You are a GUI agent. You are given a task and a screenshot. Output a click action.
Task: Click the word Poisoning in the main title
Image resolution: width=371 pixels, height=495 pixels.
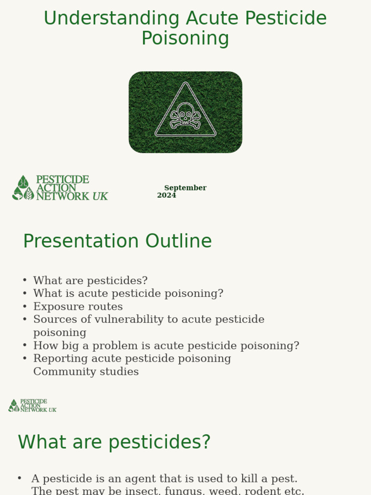(185, 39)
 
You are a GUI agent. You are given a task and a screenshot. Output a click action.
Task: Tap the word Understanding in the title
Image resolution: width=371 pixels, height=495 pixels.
(112, 18)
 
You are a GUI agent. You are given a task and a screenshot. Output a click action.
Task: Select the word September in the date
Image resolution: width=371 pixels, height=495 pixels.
(185, 188)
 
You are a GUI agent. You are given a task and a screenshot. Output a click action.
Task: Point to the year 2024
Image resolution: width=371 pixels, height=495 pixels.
(167, 195)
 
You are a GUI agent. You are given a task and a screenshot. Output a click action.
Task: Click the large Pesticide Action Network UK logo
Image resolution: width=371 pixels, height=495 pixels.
(60, 188)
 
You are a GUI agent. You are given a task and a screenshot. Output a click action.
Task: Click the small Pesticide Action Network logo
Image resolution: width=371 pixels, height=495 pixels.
(32, 406)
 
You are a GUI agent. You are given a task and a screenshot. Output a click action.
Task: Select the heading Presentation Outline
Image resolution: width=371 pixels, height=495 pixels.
(117, 241)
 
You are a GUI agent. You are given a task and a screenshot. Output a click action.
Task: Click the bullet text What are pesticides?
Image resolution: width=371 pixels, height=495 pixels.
(90, 281)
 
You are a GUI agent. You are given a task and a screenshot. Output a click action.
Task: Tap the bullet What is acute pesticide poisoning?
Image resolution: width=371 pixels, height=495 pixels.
(128, 294)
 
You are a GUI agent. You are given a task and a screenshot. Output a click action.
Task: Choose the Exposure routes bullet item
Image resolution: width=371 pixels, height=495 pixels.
(78, 307)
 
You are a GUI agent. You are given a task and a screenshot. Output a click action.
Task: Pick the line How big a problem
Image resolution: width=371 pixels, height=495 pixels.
(166, 346)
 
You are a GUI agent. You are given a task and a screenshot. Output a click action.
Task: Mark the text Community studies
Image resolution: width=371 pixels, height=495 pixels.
(86, 372)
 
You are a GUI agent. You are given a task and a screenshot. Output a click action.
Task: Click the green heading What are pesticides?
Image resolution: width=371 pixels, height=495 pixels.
(114, 442)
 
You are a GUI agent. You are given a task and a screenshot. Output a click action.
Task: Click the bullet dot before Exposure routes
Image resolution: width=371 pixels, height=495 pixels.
(25, 307)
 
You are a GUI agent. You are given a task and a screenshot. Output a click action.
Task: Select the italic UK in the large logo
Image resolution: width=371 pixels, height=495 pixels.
(100, 196)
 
